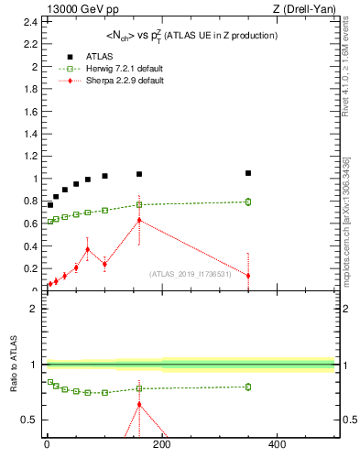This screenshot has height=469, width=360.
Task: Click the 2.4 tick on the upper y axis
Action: tap(32, 22)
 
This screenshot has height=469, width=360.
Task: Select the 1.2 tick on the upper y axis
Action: tap(32, 157)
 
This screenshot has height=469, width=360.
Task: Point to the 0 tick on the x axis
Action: tap(46, 446)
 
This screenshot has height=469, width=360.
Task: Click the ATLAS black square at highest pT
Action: tap(248, 173)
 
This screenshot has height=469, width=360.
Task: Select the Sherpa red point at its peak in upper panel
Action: tap(139, 220)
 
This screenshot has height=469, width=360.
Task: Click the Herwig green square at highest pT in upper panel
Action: tap(248, 202)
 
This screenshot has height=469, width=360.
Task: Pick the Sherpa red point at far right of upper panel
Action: tap(248, 276)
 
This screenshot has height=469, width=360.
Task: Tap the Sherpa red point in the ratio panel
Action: tap(139, 404)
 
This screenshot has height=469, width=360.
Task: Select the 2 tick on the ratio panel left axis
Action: tap(32, 308)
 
